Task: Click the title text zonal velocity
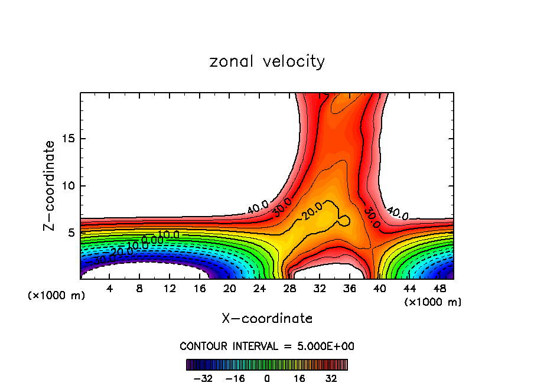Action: [267, 61]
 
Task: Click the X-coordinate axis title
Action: [267, 319]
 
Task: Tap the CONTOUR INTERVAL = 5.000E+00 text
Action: [267, 346]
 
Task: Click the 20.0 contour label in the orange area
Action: [311, 211]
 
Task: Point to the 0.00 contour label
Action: [152, 240]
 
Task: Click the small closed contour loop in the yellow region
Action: [343, 221]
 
